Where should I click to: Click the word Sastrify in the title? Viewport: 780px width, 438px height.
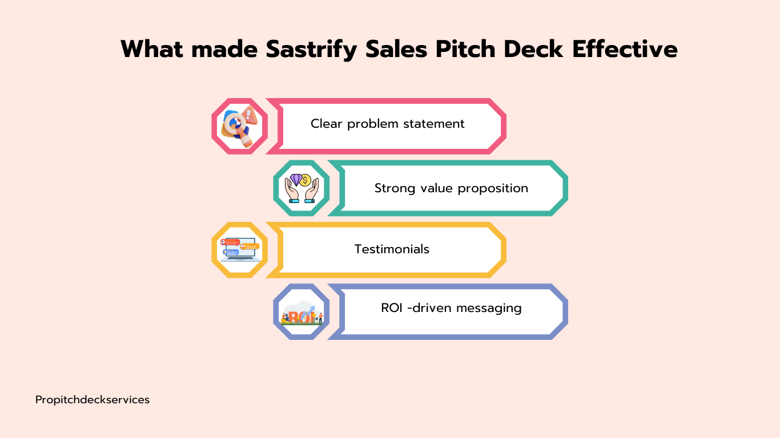click(x=311, y=50)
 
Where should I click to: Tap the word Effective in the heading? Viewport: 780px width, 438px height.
click(x=625, y=49)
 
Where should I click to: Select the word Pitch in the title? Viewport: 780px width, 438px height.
click(x=465, y=49)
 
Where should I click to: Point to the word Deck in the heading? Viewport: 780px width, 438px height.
click(x=533, y=49)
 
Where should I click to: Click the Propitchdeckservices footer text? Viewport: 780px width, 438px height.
click(x=93, y=400)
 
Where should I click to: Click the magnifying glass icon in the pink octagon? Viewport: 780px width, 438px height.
click(x=240, y=126)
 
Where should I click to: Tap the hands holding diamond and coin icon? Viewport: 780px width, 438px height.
click(x=301, y=188)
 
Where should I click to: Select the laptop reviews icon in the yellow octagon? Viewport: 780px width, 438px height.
click(x=240, y=250)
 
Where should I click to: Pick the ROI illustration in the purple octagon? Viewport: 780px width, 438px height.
click(x=301, y=313)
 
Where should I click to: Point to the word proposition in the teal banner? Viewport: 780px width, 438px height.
click(x=493, y=189)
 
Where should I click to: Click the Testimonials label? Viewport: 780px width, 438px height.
click(x=392, y=249)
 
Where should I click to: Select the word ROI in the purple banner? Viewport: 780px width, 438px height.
click(x=392, y=308)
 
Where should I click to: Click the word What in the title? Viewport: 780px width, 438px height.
click(x=152, y=49)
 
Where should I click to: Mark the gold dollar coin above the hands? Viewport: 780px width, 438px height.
click(x=305, y=181)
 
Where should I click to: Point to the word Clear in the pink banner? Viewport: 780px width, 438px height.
click(x=326, y=124)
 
